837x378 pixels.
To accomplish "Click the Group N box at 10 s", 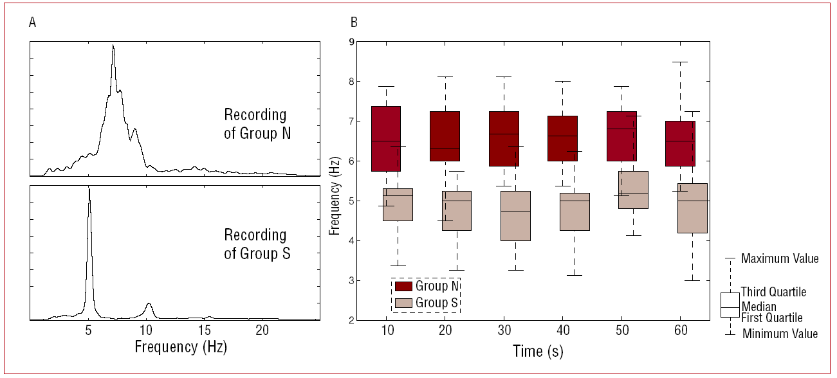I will (x=386, y=138).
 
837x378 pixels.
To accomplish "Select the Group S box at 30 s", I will (x=515, y=216).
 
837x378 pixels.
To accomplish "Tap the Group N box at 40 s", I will (x=562, y=138).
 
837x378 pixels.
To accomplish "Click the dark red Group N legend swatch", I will (x=403, y=286).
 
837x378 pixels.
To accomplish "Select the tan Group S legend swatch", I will (x=403, y=302).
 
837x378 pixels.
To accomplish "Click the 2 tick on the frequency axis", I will (x=351, y=320).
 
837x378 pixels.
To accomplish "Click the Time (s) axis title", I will (x=538, y=351).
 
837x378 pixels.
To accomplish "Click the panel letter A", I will (x=32, y=23).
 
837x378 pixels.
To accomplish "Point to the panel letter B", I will (x=354, y=23).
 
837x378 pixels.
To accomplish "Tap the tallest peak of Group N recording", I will (x=113, y=46).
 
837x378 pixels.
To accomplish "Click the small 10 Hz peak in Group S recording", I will (x=149, y=304).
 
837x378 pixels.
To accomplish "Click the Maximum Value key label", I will (x=780, y=259).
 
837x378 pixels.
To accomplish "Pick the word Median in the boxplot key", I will (x=759, y=307).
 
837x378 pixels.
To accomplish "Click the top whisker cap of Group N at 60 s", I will (x=680, y=62).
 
